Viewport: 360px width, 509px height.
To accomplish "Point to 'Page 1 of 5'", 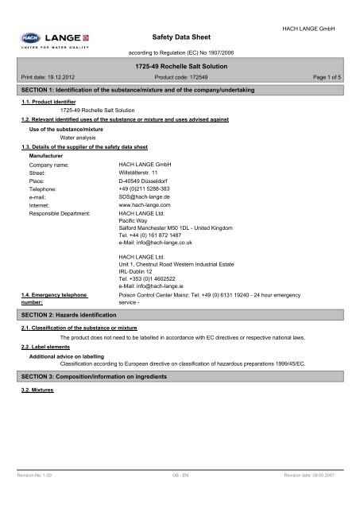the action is click(x=335, y=77).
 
